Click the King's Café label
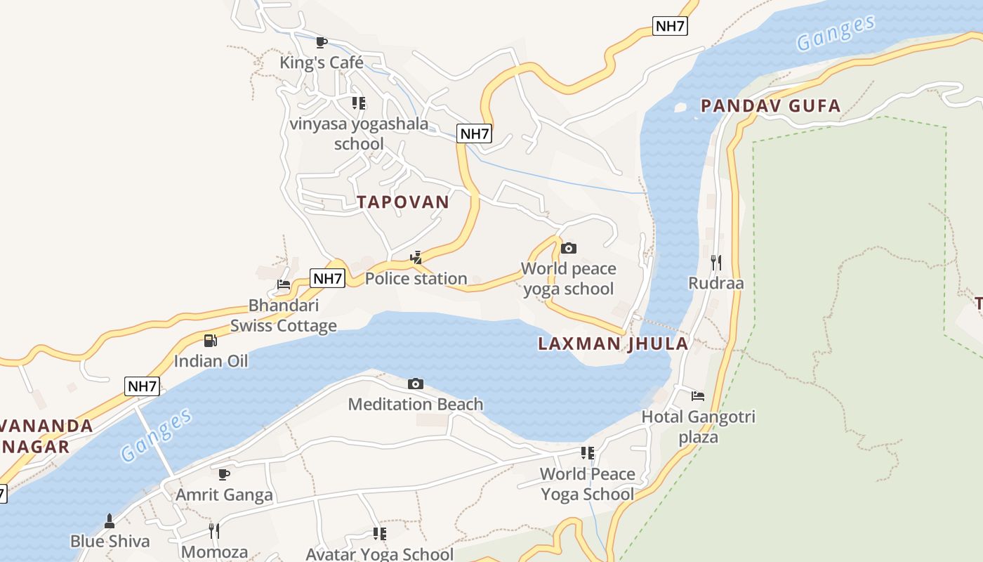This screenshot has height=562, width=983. tap(322, 63)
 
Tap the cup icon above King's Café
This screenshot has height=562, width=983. tap(322, 42)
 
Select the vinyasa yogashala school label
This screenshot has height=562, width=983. tap(359, 133)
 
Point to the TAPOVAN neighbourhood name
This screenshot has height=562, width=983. tap(403, 202)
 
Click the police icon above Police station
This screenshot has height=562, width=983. tap(416, 258)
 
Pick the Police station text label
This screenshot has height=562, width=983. tap(416, 279)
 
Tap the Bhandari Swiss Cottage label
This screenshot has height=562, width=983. tap(284, 315)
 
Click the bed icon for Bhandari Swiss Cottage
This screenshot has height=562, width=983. tap(284, 285)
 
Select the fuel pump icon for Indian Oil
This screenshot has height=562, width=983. tap(211, 341)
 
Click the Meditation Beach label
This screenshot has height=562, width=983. tap(416, 404)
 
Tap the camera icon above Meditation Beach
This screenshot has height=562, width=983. tap(416, 384)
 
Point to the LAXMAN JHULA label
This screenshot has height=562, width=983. tap(613, 344)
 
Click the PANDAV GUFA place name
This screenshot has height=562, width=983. tap(770, 106)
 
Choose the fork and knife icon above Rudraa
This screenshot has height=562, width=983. tap(716, 263)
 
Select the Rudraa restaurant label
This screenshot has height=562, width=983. tap(716, 283)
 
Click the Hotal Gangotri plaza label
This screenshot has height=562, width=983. tap(698, 426)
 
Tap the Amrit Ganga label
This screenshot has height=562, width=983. tap(224, 495)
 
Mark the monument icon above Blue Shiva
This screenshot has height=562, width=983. tap(110, 521)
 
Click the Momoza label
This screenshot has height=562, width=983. tap(214, 551)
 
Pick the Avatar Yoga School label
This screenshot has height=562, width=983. tap(379, 554)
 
